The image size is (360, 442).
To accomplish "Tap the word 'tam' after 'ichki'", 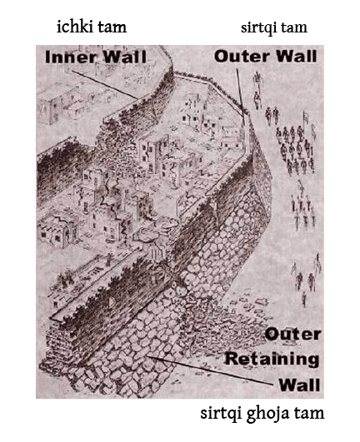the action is pyautogui.click(x=112, y=28).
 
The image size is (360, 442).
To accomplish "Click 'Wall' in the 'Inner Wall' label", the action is pyautogui.click(x=125, y=57).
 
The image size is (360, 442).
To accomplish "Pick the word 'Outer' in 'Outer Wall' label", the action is pyautogui.click(x=240, y=56).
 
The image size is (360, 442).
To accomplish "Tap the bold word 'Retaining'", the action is pyautogui.click(x=272, y=360).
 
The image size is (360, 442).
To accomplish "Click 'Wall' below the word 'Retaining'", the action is pyautogui.click(x=299, y=385).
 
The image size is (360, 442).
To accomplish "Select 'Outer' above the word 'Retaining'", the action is pyautogui.click(x=292, y=335).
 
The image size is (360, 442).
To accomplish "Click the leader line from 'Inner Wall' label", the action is pyautogui.click(x=105, y=85).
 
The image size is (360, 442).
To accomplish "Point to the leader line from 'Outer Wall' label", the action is pyautogui.click(x=240, y=92).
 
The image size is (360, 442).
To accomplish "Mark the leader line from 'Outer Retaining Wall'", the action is pyautogui.click(x=210, y=370).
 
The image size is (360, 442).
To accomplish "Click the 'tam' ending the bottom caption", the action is pyautogui.click(x=309, y=414).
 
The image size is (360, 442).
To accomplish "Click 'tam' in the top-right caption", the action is pyautogui.click(x=294, y=28).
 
